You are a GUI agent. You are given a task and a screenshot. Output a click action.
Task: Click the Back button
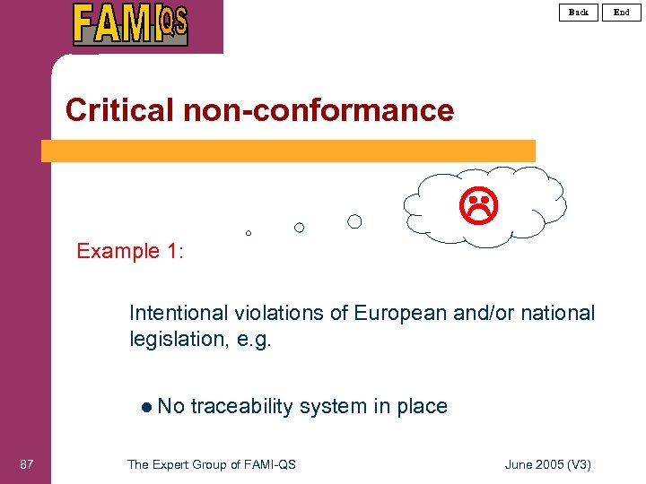(x=579, y=12)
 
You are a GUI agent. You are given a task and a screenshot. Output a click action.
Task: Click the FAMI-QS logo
(x=130, y=24)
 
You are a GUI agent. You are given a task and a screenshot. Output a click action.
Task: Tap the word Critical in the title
(x=120, y=110)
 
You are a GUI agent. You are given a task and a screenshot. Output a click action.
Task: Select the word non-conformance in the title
(x=319, y=110)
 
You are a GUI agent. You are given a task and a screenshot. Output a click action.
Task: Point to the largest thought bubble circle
(x=355, y=221)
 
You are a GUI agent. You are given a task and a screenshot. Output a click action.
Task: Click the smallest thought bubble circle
(x=249, y=233)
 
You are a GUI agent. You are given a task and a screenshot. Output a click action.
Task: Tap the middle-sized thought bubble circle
(x=300, y=228)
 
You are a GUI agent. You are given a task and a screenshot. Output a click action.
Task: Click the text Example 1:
(x=130, y=251)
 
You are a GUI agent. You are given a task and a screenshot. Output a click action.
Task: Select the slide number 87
(x=27, y=463)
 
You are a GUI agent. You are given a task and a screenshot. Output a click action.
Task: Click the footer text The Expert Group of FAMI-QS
(x=212, y=463)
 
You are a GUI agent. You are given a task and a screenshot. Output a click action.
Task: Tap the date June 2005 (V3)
(x=548, y=463)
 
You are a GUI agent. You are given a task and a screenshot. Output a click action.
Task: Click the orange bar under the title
(x=287, y=151)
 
